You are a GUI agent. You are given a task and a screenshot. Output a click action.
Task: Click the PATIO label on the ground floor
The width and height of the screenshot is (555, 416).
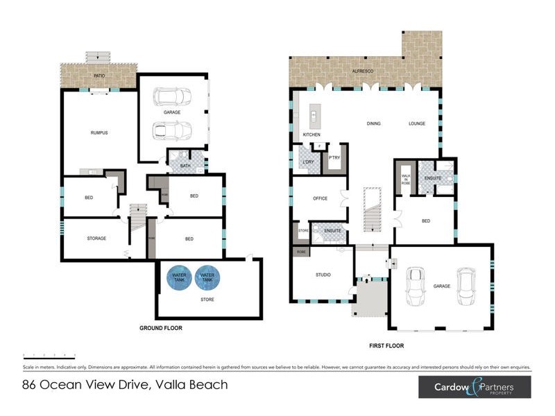(99, 75)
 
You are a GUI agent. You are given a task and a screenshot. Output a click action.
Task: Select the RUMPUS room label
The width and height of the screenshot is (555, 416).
(99, 132)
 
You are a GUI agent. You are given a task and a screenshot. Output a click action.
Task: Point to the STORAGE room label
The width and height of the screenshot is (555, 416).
(96, 239)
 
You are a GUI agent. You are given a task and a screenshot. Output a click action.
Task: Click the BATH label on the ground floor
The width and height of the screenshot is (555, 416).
(185, 166)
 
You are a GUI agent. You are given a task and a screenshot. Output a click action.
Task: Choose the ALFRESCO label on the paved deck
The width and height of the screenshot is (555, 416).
(363, 71)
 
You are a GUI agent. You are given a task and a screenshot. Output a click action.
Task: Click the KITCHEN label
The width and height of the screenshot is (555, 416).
(311, 134)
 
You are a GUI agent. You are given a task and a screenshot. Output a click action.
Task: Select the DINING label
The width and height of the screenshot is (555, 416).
(374, 124)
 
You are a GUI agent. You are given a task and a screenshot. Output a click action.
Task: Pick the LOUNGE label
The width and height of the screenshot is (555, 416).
(416, 124)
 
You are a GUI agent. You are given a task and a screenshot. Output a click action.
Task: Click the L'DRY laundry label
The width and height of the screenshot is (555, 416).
(309, 162)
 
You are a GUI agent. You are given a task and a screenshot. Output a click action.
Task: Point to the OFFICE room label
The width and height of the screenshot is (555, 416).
(320, 198)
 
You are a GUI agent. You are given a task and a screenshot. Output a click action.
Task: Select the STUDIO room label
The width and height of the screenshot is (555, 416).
(323, 275)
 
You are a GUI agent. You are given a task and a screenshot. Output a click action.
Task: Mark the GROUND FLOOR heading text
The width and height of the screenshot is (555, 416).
(161, 328)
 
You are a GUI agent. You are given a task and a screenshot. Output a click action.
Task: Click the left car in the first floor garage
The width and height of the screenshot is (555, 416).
(415, 286)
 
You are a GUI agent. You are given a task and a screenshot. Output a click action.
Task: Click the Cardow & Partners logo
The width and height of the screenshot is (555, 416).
(475, 388)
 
